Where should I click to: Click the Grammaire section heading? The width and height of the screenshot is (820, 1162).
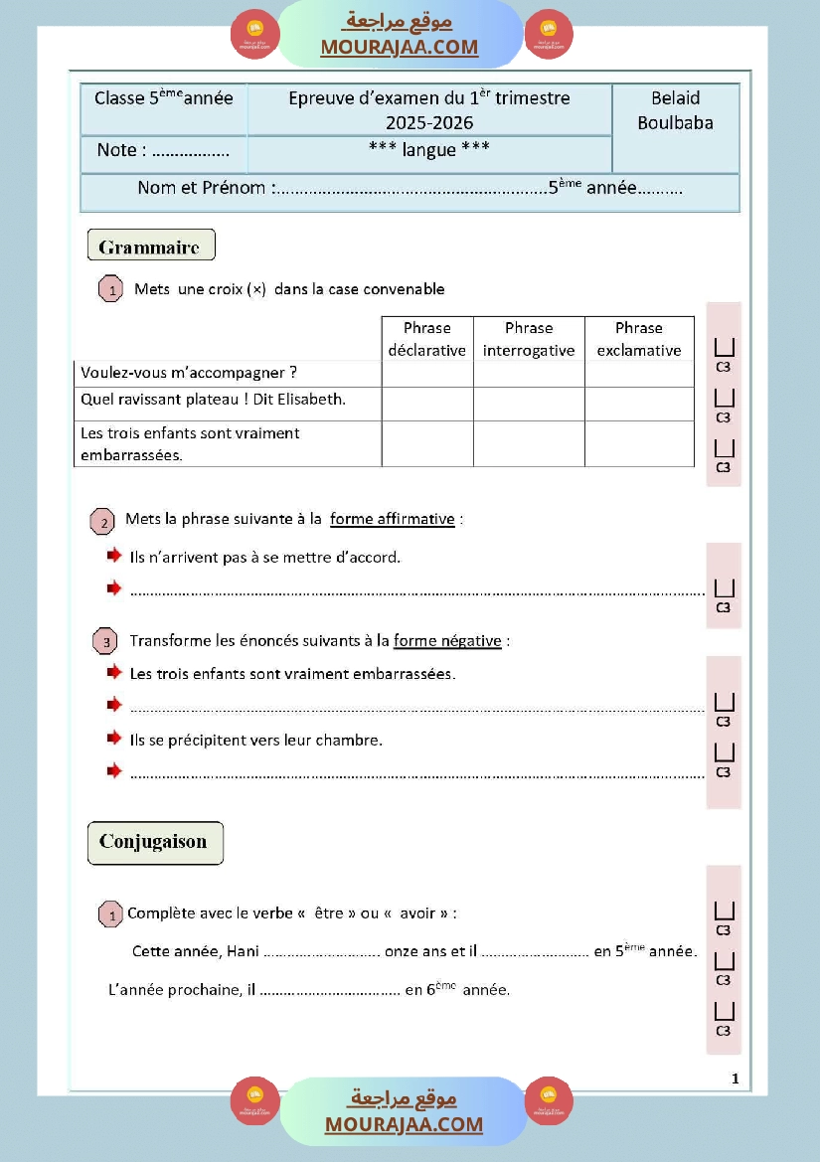pos(150,246)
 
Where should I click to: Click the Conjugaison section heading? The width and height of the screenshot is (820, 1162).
pos(153,842)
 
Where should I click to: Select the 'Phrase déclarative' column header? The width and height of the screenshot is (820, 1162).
pos(426,339)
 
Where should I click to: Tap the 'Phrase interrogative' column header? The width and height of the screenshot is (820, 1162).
pos(529,339)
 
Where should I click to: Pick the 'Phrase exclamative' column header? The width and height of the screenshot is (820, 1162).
pos(639,339)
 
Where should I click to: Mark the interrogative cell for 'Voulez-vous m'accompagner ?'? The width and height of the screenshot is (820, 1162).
pos(529,374)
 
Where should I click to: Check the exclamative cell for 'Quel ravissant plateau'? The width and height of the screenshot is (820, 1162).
pos(639,404)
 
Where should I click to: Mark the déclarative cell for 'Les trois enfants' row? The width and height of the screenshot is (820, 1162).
pos(426,443)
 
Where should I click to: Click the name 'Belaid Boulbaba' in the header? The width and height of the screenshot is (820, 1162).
pos(675,110)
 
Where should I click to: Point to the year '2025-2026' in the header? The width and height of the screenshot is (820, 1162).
pos(429,123)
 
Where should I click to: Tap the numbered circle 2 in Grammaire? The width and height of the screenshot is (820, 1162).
pos(102,521)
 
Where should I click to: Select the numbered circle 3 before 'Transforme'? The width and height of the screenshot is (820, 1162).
pos(105,642)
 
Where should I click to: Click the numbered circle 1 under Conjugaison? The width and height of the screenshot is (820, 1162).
pos(111,914)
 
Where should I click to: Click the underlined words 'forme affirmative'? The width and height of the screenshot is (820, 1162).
pos(393,519)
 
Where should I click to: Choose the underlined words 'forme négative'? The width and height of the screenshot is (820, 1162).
pos(447,641)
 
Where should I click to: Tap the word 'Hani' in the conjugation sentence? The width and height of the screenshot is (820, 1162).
pos(243,951)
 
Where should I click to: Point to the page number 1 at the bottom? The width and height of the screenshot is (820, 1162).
pos(735,1079)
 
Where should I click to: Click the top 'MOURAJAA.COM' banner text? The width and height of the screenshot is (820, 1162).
pos(400,47)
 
